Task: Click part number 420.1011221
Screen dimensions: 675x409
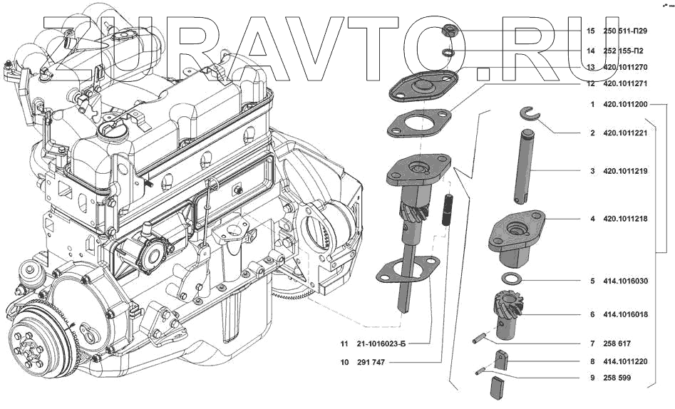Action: pyautogui.click(x=625, y=133)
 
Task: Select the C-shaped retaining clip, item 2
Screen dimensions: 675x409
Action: pyautogui.click(x=528, y=113)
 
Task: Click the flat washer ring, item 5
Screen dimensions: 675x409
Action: pyautogui.click(x=512, y=278)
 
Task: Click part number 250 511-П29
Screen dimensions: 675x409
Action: pyautogui.click(x=625, y=31)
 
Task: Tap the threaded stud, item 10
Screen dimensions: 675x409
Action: pyautogui.click(x=449, y=211)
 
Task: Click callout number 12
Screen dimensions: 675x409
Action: pyautogui.click(x=590, y=83)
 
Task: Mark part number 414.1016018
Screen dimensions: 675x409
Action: pyautogui.click(x=625, y=314)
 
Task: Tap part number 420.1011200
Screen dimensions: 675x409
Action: pyautogui.click(x=625, y=105)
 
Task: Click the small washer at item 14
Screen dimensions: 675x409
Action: pyautogui.click(x=447, y=51)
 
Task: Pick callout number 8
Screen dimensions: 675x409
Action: pyautogui.click(x=592, y=361)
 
